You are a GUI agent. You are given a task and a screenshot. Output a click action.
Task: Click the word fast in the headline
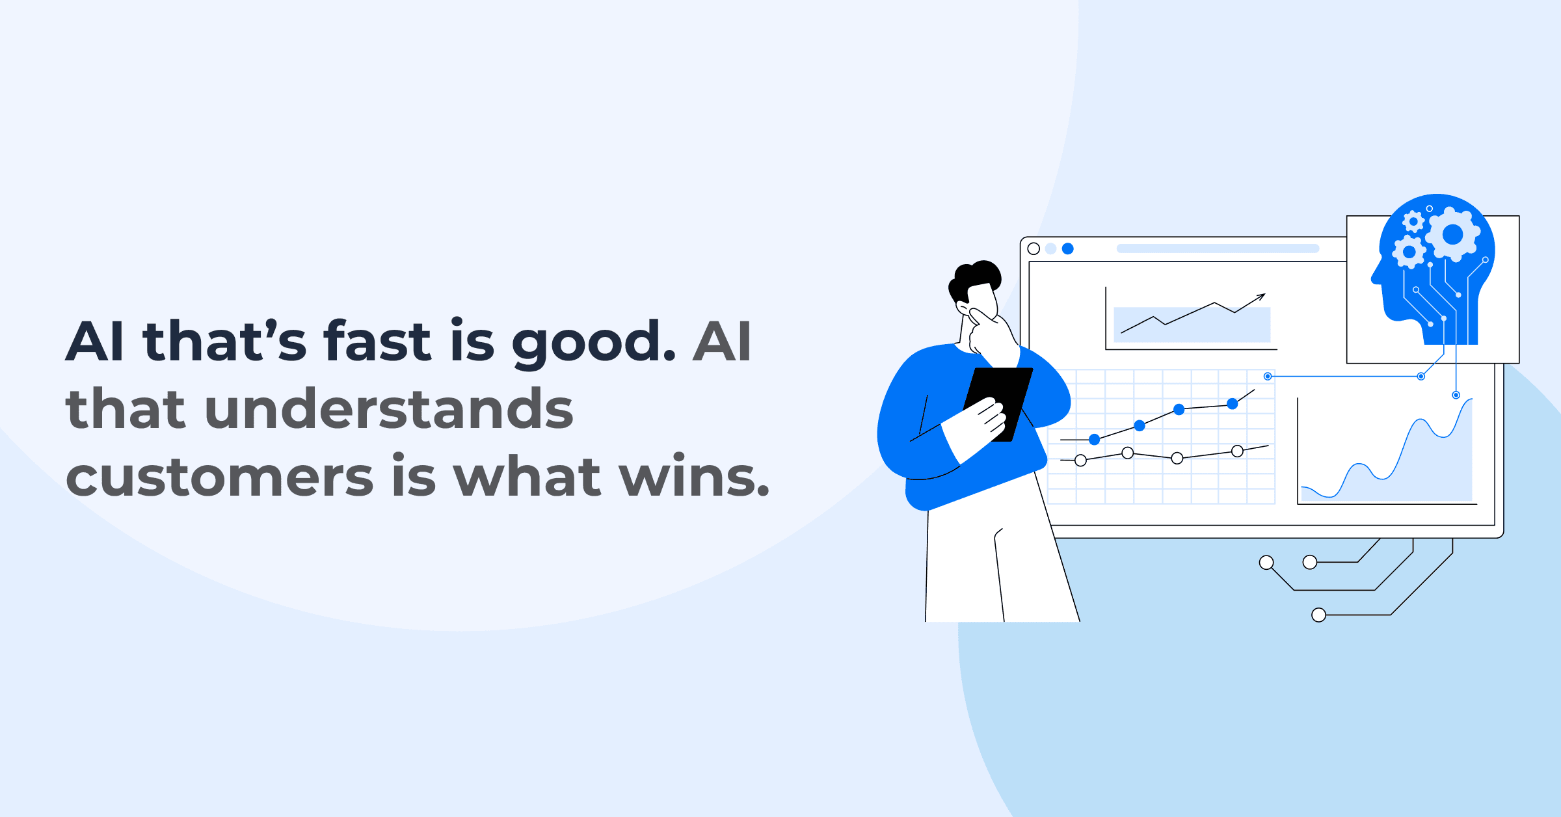[x=377, y=341]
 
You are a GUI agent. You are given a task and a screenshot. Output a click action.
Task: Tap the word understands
[x=388, y=409]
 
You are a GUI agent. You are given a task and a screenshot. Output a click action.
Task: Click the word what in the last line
[x=527, y=476]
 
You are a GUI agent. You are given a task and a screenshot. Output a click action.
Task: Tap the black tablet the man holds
[x=998, y=397]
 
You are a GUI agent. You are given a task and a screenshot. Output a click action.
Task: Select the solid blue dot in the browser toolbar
[x=1067, y=248]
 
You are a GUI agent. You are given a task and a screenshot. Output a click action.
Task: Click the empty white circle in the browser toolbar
[x=1034, y=248]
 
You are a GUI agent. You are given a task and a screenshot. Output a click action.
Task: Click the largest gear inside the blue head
[x=1452, y=234]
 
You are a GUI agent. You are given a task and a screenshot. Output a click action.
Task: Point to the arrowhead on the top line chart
[x=1262, y=296]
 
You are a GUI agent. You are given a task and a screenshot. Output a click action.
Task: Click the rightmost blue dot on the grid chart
[x=1232, y=404]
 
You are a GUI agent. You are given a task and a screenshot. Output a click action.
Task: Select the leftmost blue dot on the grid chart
[x=1095, y=440]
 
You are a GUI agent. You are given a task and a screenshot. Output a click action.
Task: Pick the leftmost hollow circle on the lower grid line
[x=1080, y=461]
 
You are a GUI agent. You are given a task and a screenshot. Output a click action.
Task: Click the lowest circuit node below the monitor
[x=1318, y=615]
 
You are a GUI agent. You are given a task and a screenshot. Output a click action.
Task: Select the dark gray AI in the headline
[x=722, y=341]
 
